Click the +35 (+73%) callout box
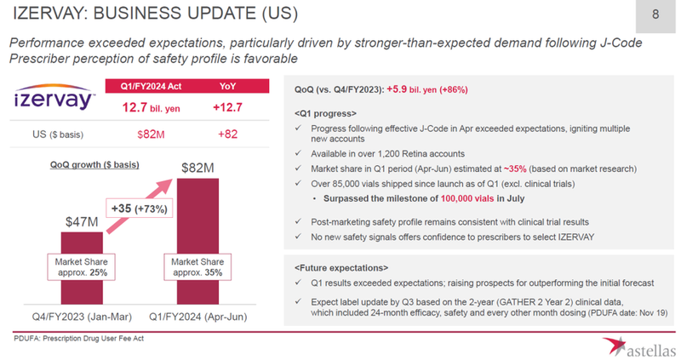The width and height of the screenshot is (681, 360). (x=139, y=207)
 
